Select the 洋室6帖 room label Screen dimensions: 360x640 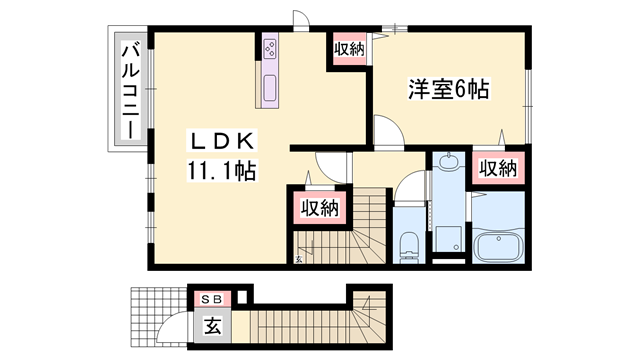point(447,90)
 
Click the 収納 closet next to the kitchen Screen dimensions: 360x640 point(348,48)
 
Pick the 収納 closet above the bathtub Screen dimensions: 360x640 point(496,168)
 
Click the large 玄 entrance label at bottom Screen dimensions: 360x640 point(212,324)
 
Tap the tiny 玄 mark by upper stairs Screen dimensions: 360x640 point(298,259)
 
